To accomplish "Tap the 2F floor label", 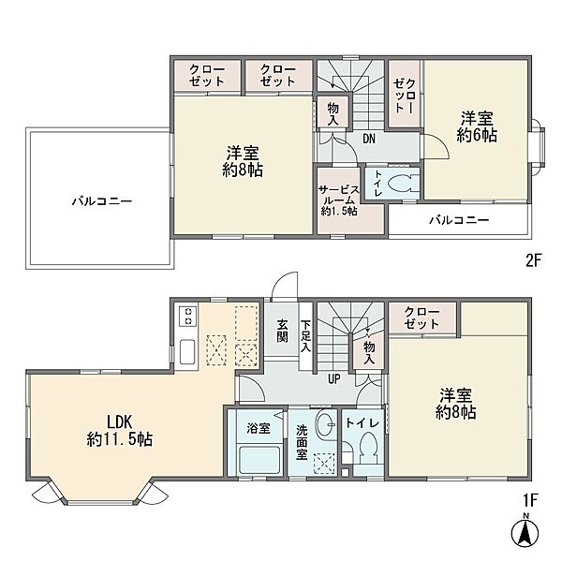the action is (533, 260).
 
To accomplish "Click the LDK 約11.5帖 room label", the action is (120, 431).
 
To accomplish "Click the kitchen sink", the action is (187, 352).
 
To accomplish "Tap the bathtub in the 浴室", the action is (259, 459).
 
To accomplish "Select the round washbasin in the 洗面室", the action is (325, 423).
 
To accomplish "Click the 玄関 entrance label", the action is (282, 331).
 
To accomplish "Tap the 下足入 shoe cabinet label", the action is (305, 336).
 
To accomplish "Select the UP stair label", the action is (333, 378).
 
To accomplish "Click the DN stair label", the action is (369, 139).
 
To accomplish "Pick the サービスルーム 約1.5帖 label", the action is (339, 200).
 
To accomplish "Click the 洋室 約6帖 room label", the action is (477, 126).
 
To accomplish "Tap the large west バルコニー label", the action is (102, 200).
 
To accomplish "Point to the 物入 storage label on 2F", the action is (333, 113).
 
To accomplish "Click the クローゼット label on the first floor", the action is (421, 318).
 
